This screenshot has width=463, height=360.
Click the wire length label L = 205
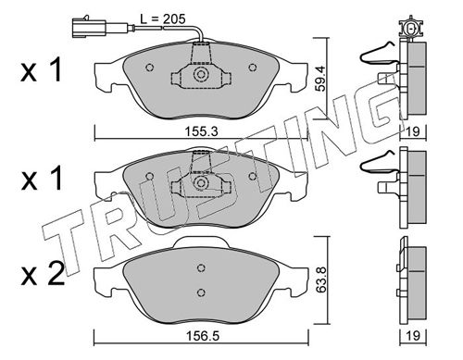tap(163, 19)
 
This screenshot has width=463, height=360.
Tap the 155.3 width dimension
tap(201, 131)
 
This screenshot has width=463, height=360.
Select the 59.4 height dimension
tap(321, 79)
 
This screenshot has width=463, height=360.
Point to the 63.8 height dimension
tap(321, 280)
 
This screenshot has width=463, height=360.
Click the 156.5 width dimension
tap(202, 336)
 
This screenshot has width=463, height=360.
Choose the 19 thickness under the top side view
tap(413, 131)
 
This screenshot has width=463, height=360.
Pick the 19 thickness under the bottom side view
tap(413, 336)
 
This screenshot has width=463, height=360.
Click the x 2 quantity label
tap(43, 274)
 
